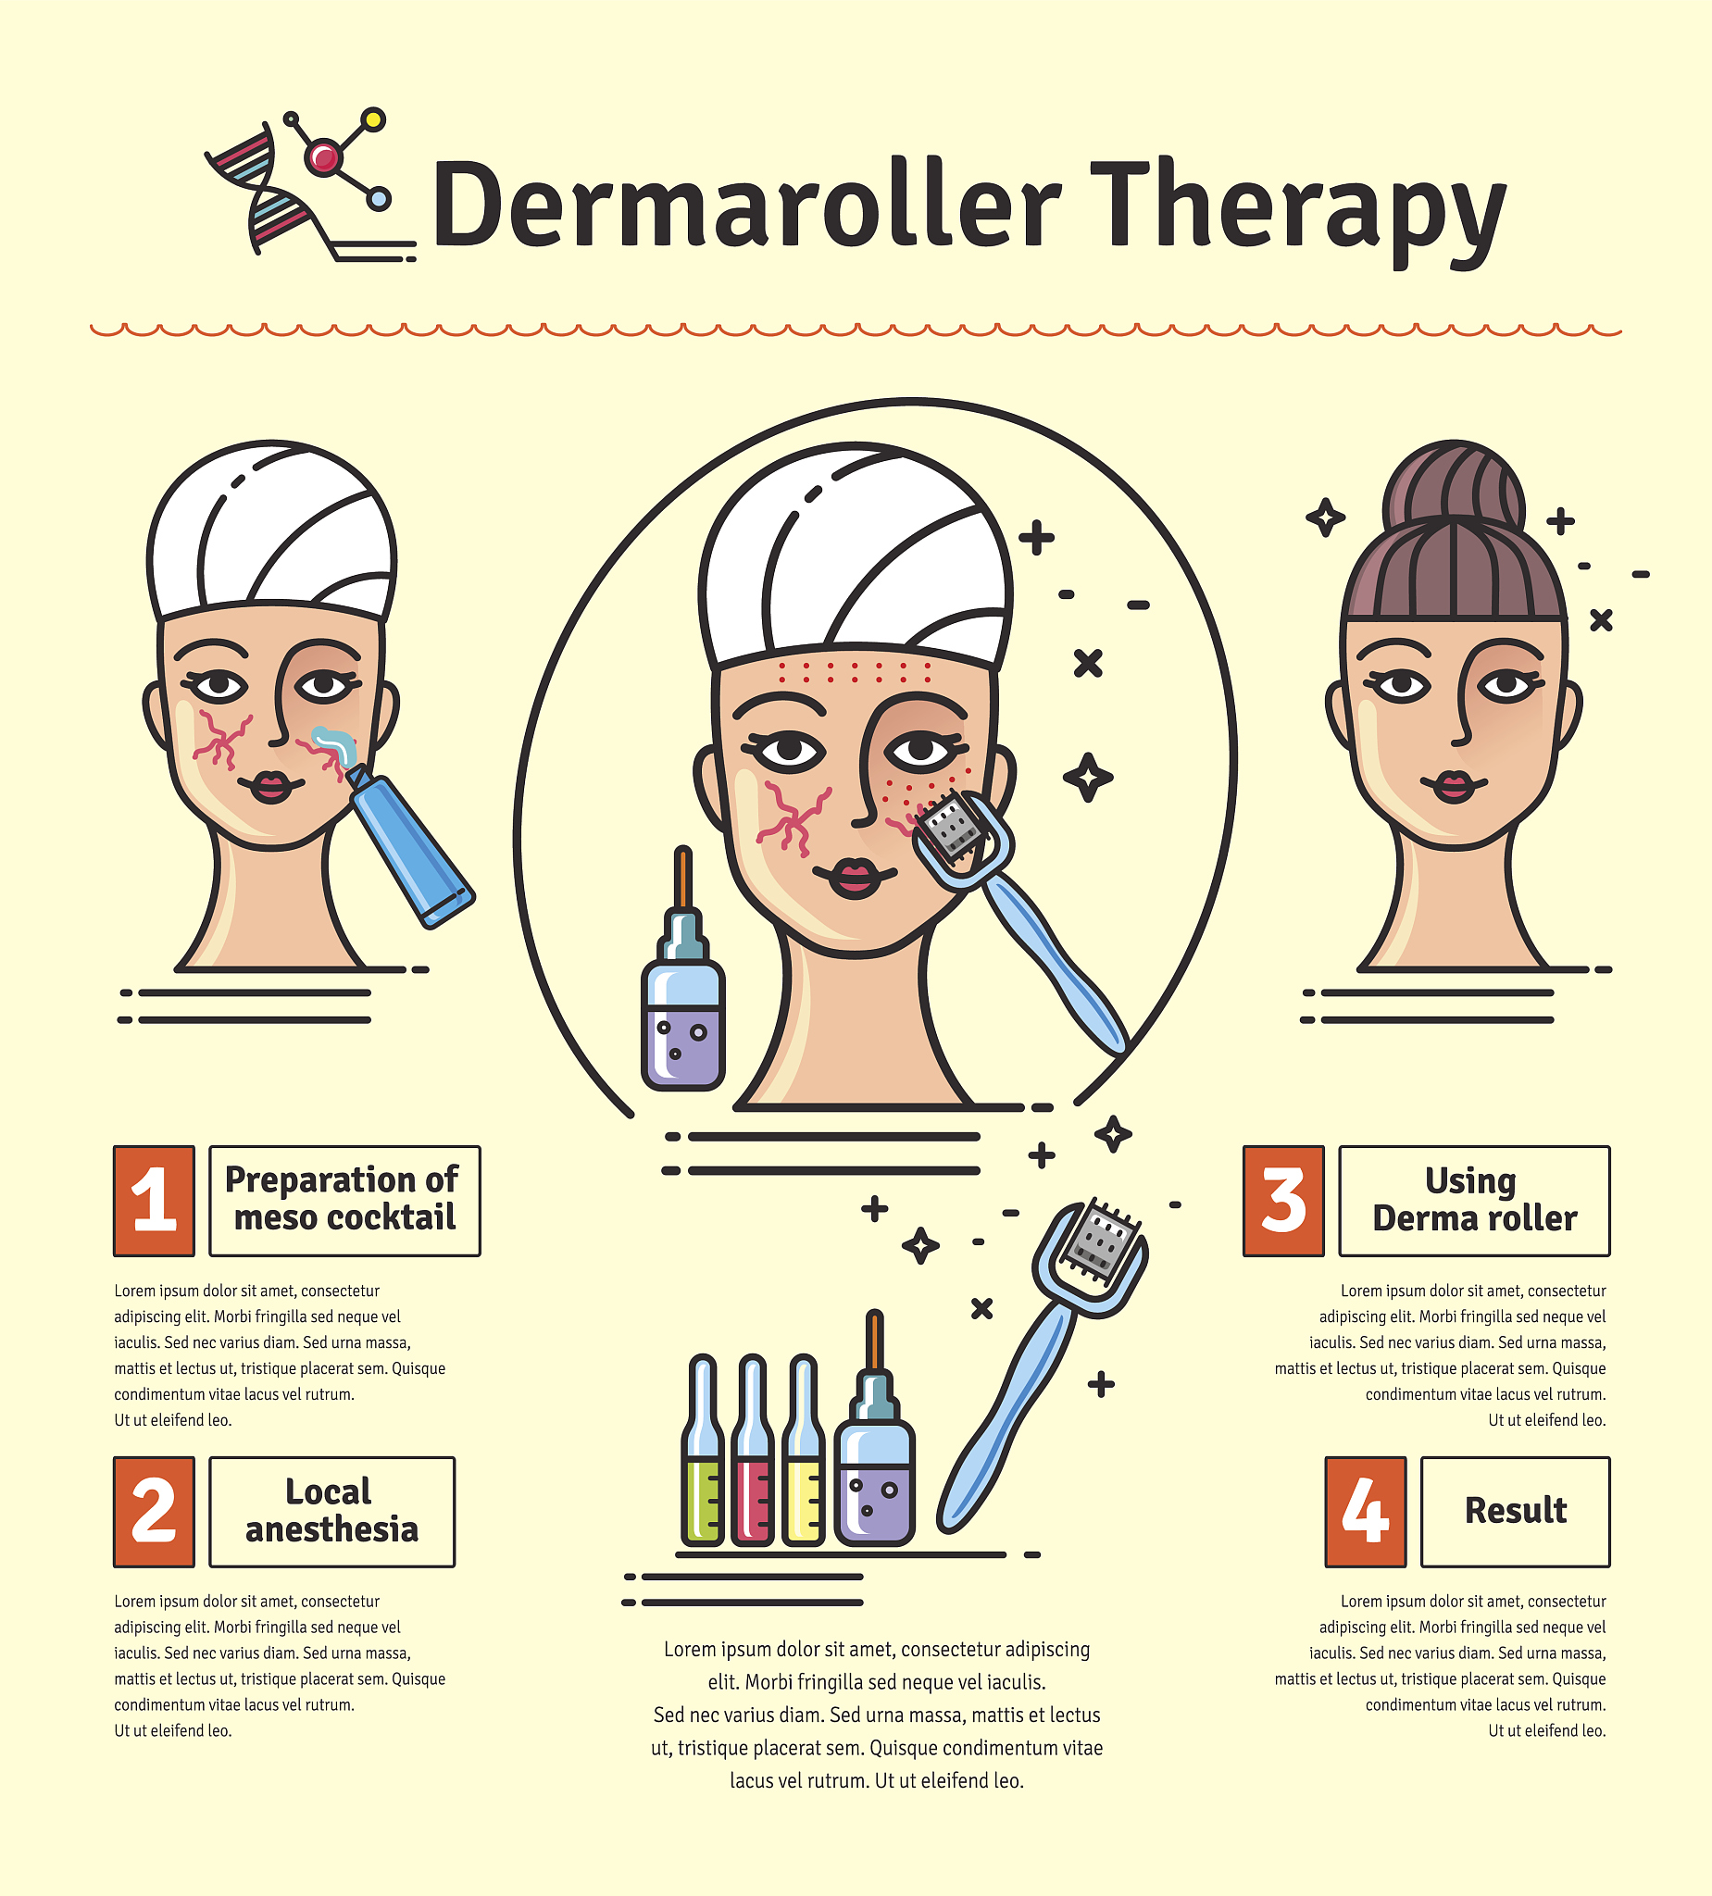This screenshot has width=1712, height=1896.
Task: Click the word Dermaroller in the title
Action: tap(747, 204)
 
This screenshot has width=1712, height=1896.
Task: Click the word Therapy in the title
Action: tap(1299, 211)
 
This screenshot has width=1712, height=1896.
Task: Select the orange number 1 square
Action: tap(155, 1201)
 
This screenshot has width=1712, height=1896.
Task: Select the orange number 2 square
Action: tap(155, 1513)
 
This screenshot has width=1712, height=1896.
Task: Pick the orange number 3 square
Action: tap(1283, 1201)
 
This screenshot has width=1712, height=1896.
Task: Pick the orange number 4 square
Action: tap(1366, 1513)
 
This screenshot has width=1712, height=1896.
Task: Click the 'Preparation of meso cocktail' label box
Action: tap(344, 1201)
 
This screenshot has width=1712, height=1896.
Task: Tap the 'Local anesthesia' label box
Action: tap(332, 1513)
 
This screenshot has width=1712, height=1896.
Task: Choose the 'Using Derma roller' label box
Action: tap(1475, 1201)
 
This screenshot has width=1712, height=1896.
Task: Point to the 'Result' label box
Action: tap(1516, 1513)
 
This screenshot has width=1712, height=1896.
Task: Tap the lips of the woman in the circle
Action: tap(854, 878)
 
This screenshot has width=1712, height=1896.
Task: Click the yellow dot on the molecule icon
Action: tap(373, 119)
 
